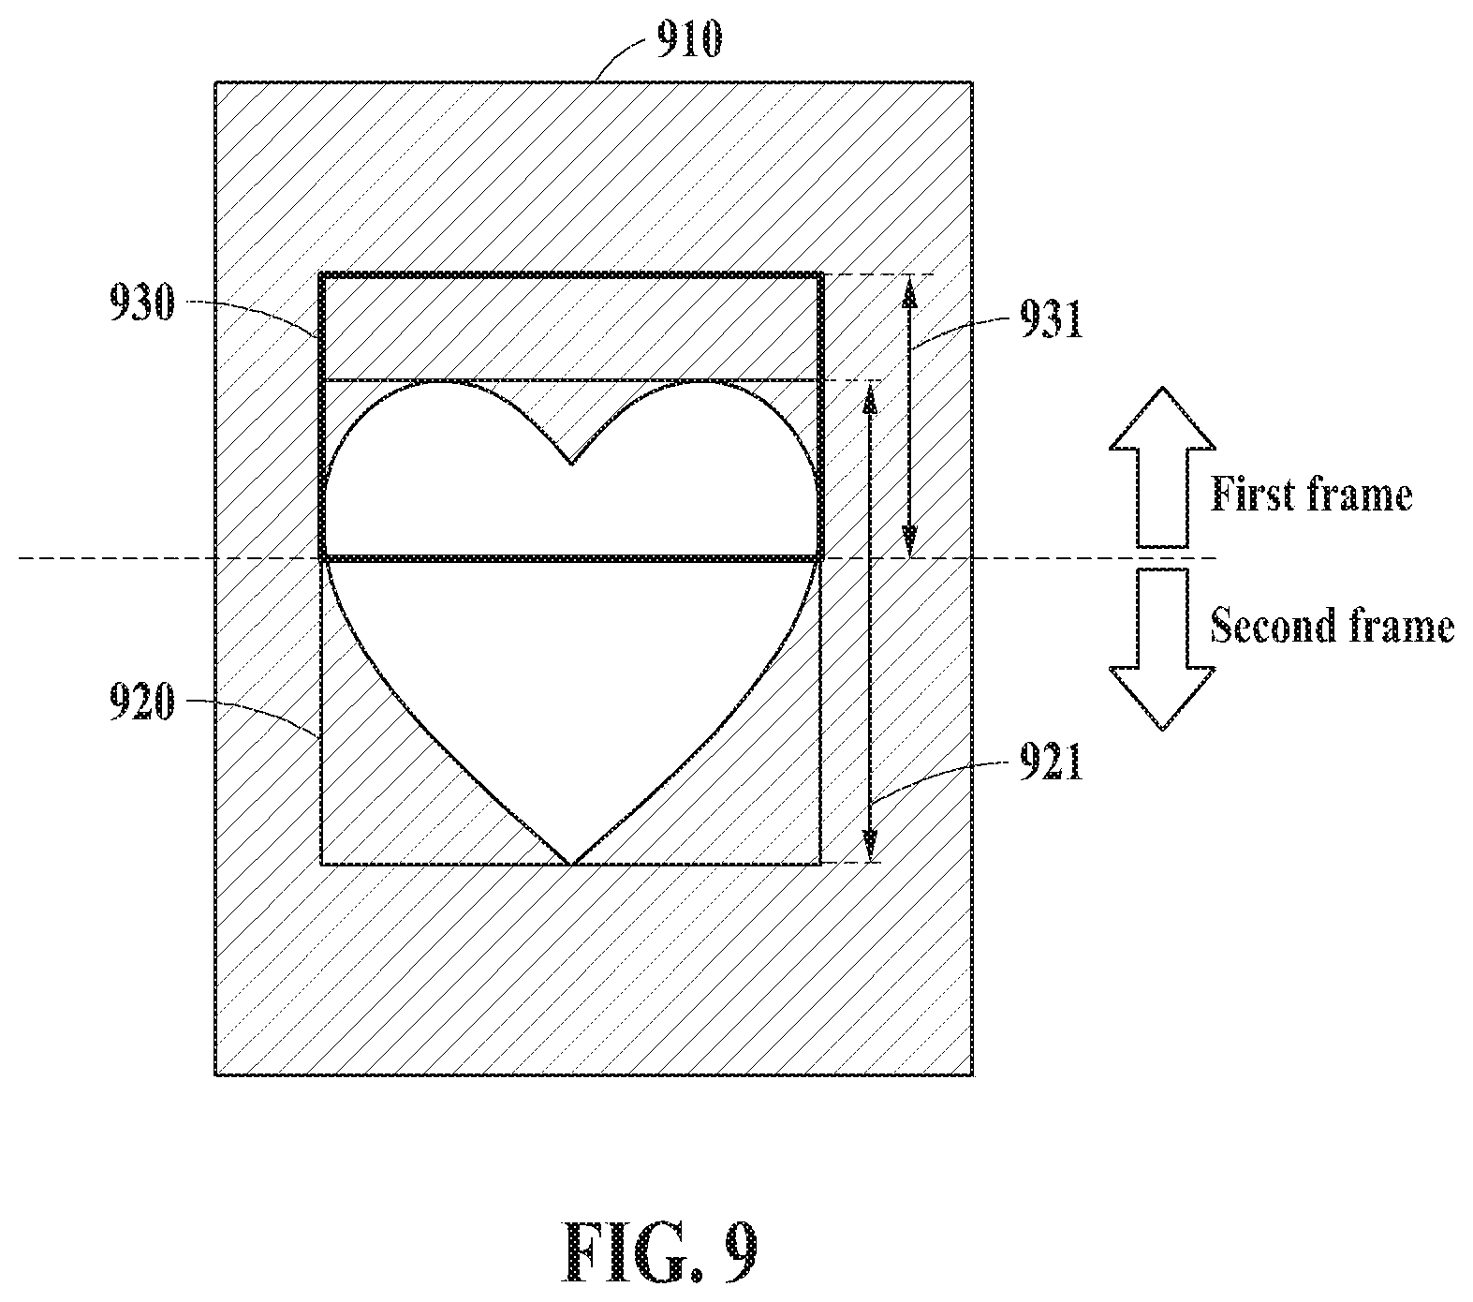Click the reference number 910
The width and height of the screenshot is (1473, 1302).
(x=688, y=42)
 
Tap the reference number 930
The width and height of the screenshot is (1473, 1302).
(x=140, y=304)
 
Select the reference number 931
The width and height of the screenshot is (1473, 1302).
(x=1048, y=321)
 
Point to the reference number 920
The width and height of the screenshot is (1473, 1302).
(x=140, y=703)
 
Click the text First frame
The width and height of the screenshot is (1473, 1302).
(x=1311, y=494)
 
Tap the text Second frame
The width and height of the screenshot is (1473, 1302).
(x=1332, y=625)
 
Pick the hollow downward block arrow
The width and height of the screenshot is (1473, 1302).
(x=1162, y=649)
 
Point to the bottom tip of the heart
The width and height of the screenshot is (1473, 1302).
(x=571, y=863)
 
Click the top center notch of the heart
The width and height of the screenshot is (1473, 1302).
(x=571, y=464)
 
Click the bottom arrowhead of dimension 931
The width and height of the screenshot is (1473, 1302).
(x=908, y=541)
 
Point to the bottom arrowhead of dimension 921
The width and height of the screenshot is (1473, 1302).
(x=871, y=847)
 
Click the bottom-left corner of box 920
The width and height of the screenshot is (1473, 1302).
(x=322, y=863)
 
